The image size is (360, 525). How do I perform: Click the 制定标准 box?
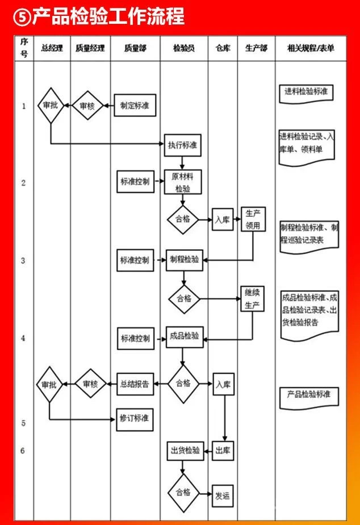pos(135,106)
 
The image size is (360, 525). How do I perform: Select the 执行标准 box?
pos(183,145)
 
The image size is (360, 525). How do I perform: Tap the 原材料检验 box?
pos(183,182)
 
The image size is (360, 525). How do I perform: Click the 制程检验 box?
pos(185,259)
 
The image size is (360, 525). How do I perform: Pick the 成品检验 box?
pos(185,337)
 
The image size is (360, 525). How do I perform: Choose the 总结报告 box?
pos(135,384)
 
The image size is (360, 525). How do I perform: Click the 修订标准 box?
pos(135,418)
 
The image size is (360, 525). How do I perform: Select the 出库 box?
pos(223,451)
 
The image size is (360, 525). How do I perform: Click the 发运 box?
pos(223,495)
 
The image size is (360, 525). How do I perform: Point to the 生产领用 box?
pos(253,219)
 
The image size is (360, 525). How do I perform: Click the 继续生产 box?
pos(252,299)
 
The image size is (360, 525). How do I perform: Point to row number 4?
pos(23,338)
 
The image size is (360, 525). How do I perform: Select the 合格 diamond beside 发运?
pos(183,492)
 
